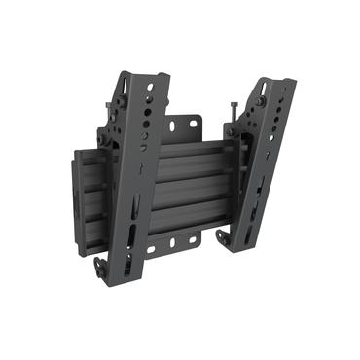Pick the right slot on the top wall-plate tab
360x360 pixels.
196,124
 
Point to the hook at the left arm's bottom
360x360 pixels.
102,266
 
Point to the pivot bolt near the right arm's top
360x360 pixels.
260,106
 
